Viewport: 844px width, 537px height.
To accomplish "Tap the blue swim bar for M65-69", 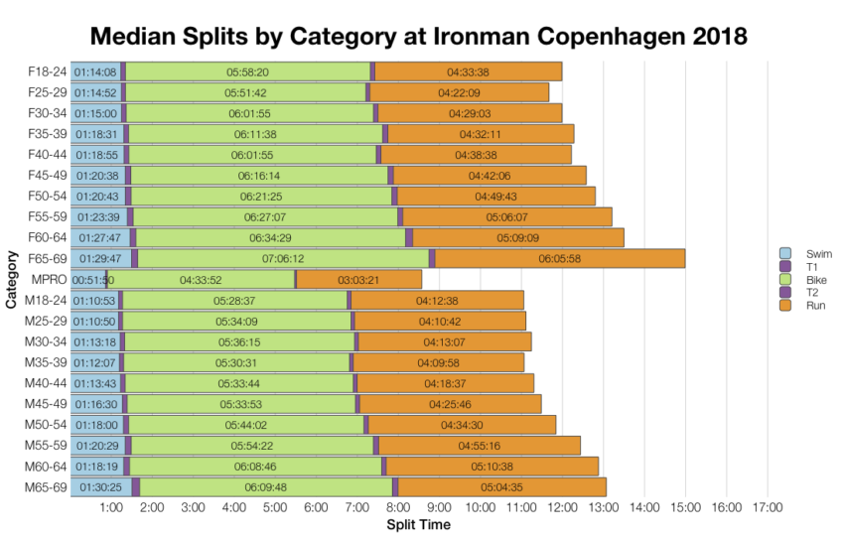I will [x=100, y=487].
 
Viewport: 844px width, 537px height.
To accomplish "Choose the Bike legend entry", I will [x=805, y=280].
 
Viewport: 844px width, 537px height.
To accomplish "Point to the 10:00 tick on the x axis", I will [x=481, y=508].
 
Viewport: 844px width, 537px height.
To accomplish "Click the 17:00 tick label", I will [x=768, y=508].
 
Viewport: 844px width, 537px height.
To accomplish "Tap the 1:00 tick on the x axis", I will [x=111, y=508].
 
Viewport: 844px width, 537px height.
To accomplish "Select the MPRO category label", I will [x=48, y=280].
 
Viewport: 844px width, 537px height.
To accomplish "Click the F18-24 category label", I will [x=46, y=71].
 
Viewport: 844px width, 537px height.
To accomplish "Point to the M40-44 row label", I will [x=45, y=383].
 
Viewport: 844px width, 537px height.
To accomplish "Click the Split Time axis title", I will [x=418, y=524].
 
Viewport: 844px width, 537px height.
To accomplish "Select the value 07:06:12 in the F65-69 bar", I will [x=283, y=259].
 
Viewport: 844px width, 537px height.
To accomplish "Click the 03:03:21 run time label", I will [x=358, y=280].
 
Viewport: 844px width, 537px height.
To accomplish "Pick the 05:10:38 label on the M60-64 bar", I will [x=492, y=467].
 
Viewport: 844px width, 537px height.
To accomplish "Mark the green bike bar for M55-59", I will [x=251, y=446].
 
